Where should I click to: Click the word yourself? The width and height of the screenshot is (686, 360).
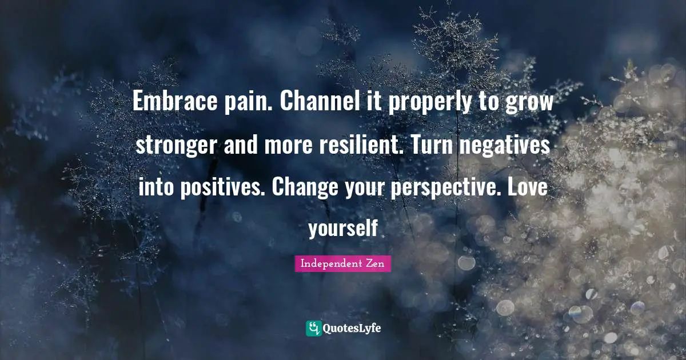coord(343,229)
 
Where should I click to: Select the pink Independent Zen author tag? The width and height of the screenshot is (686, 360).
coord(343,263)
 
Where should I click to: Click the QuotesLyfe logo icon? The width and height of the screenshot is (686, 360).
coord(313,328)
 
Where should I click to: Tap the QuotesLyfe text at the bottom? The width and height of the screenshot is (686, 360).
coord(352,329)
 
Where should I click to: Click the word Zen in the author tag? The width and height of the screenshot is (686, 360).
coord(376,263)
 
